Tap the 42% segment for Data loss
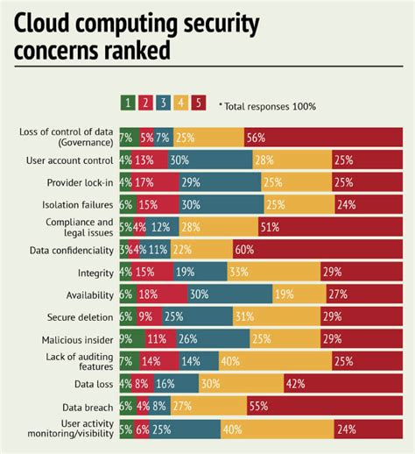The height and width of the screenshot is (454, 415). pos(344,384)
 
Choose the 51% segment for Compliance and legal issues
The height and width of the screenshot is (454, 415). pos(331,227)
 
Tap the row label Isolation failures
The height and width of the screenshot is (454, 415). pos(76,204)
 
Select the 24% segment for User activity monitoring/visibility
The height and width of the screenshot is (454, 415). pos(369,429)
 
